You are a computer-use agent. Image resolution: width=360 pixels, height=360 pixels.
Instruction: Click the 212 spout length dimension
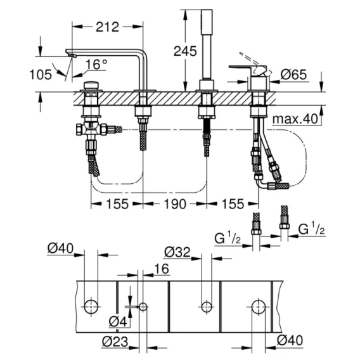tap(108, 27)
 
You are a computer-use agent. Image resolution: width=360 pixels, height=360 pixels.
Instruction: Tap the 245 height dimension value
tap(185, 51)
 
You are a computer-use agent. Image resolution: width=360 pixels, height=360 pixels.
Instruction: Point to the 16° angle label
tap(97, 64)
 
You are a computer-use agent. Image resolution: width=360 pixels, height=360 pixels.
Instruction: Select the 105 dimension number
tap(41, 75)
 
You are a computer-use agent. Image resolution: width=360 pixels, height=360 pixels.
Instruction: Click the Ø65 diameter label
tap(294, 74)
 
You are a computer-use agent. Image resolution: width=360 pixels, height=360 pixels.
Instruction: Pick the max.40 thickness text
tap(295, 119)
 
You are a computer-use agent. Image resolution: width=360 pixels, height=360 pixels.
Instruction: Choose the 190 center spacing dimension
tap(175, 204)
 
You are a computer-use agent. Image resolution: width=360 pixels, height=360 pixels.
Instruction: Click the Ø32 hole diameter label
tap(177, 252)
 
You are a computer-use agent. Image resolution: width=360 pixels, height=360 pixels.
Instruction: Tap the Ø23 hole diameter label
tap(115, 342)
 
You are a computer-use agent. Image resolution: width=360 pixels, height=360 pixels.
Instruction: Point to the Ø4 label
tap(118, 321)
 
